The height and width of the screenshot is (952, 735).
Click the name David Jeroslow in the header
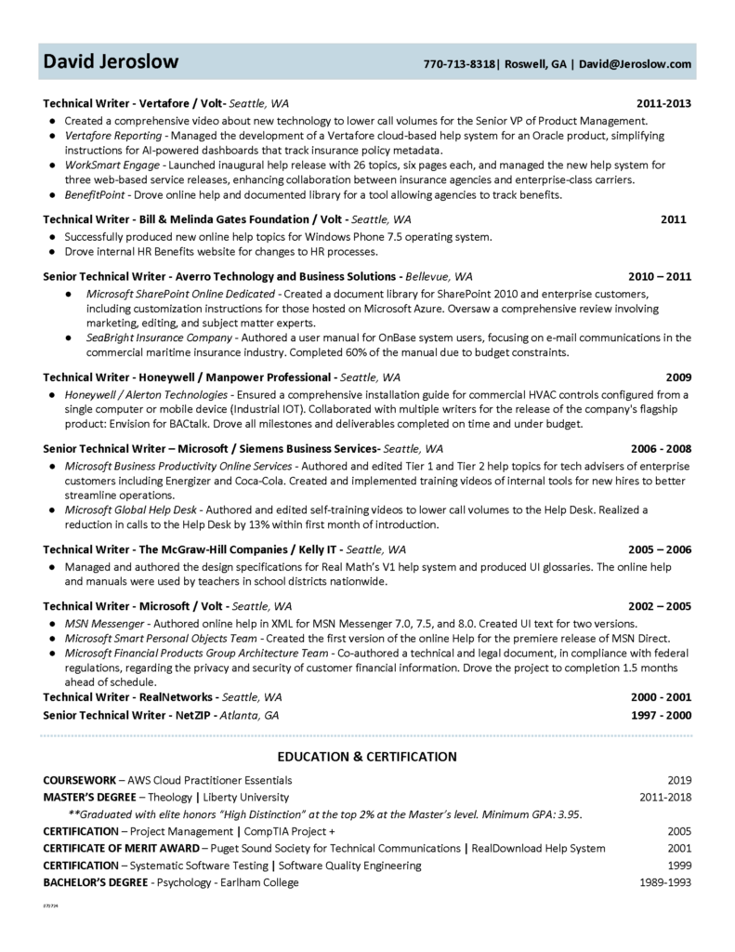tap(111, 62)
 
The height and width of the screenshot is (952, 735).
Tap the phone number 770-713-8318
tap(459, 64)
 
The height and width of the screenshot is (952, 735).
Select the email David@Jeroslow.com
tap(636, 64)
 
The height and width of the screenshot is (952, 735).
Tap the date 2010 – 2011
tap(660, 276)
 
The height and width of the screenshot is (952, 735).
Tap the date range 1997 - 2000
tap(660, 715)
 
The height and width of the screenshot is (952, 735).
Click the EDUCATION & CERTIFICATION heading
tap(367, 757)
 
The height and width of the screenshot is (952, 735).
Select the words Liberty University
tap(245, 797)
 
